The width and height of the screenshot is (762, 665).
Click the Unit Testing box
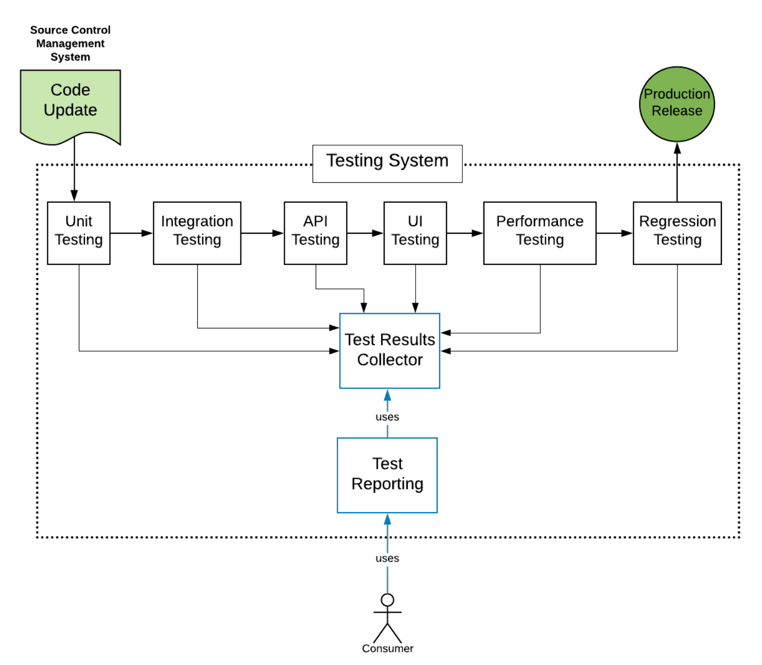coord(79,233)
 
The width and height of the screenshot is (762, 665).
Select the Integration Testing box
coord(197,233)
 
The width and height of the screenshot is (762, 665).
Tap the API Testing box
coord(316,233)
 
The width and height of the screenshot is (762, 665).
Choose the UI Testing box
coord(415,233)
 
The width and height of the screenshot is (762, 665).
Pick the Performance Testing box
coord(540,233)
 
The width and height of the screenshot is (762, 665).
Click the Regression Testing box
coord(677,233)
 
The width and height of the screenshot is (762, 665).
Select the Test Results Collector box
coord(390,351)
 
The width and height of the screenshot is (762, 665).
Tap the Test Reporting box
coord(387,475)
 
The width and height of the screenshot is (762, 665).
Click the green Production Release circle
coord(677,104)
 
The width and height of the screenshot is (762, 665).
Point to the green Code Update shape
coord(71,103)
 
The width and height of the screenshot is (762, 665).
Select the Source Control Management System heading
coord(71,43)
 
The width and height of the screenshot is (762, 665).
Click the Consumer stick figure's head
coord(387,600)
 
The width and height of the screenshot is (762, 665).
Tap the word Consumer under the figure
coord(387,649)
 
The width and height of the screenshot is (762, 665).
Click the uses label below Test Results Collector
coord(387,417)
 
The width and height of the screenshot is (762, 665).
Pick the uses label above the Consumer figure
coord(387,558)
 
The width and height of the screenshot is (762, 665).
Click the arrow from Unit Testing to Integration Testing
coord(132,233)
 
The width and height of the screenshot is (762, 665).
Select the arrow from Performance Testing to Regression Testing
coord(614,233)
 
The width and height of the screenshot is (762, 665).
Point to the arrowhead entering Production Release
coord(677,149)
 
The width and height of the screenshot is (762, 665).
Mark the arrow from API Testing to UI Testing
coord(365,233)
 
